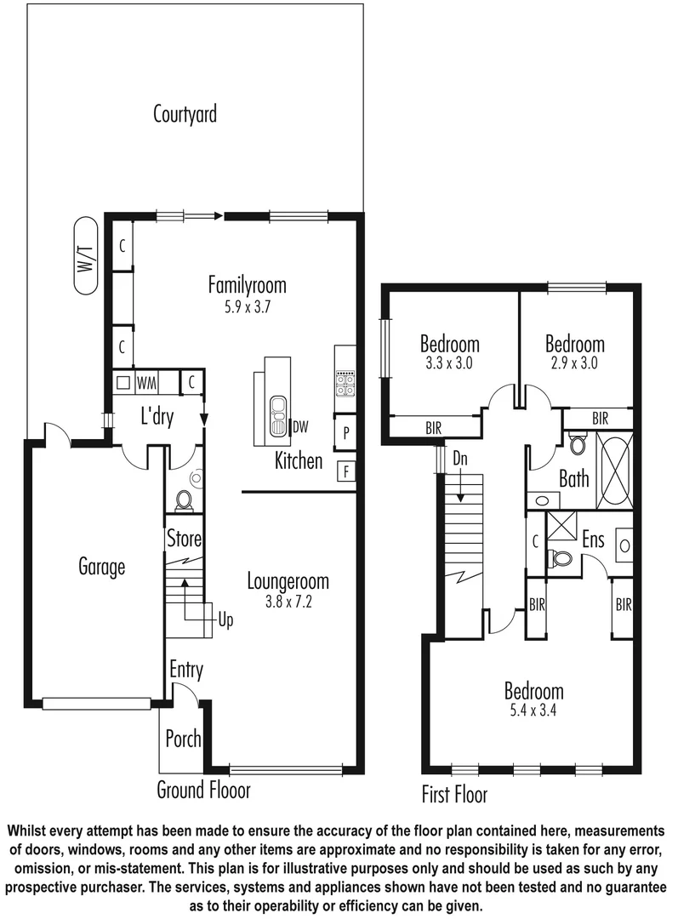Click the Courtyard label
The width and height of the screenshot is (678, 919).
(x=185, y=113)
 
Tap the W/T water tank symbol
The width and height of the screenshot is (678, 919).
(x=87, y=256)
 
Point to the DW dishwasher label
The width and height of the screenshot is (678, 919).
(x=299, y=425)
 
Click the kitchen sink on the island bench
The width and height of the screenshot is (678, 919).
(x=276, y=414)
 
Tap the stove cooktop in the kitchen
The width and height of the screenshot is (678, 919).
(x=345, y=384)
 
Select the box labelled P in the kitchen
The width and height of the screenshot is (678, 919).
(x=345, y=432)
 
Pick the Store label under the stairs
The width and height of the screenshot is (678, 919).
(x=184, y=538)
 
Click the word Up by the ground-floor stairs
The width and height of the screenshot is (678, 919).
(x=225, y=620)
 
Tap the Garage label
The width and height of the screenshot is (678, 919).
(x=102, y=566)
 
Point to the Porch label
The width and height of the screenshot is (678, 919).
(x=183, y=738)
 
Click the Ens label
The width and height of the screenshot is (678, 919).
(x=594, y=539)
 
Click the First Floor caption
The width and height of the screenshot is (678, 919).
(x=454, y=795)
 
